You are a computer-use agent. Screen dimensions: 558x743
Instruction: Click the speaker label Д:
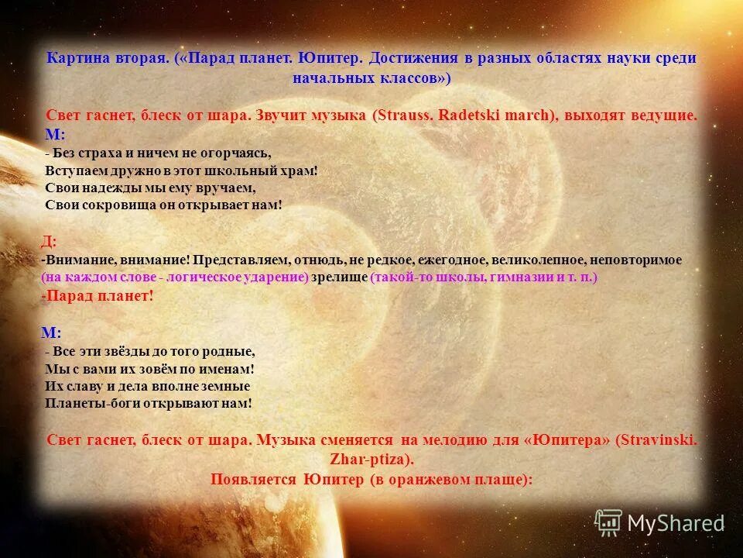[x=48, y=241]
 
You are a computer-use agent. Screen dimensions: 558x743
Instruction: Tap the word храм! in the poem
[x=300, y=170]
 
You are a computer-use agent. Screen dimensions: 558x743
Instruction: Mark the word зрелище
[x=339, y=277]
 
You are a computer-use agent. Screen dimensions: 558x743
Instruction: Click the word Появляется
[x=254, y=479]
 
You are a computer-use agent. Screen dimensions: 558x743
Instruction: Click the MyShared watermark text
[x=675, y=523]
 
